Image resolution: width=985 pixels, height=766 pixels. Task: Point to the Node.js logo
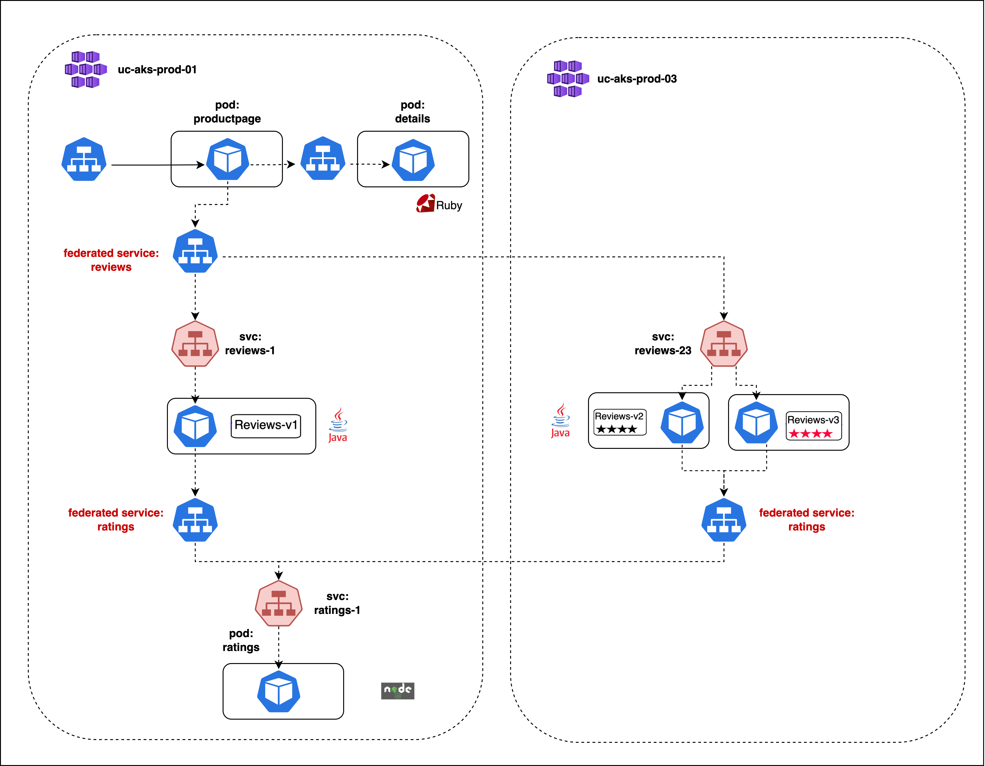coord(397,690)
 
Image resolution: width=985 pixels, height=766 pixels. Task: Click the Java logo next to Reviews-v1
coord(338,425)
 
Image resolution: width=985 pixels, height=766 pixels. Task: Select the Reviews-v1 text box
coord(266,426)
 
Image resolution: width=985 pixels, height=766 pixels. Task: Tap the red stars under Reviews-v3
coord(810,434)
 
